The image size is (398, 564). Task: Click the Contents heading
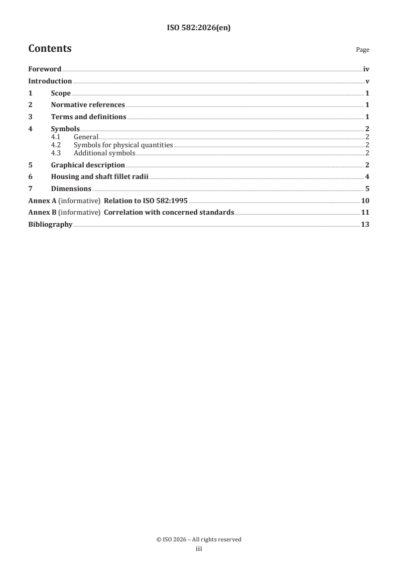coord(50,49)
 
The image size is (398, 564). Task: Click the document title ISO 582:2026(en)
coord(199,28)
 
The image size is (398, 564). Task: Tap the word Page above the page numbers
coord(362,50)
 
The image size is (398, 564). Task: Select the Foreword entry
coord(45,69)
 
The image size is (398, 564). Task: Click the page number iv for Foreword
coord(366,69)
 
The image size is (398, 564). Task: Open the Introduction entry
coord(50,81)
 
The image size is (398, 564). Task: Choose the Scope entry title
coord(61,93)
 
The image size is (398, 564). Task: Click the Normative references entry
coord(88,105)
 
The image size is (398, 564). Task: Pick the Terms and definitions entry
coord(88,117)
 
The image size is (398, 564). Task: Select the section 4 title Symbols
coord(65,129)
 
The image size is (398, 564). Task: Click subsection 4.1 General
coord(86,137)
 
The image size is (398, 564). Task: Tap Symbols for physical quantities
coord(123,145)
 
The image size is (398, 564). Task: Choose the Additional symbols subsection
coord(104,153)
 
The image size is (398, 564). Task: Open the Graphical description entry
coord(88,165)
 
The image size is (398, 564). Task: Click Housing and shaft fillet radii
coord(100,177)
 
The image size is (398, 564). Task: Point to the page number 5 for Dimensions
coord(367,189)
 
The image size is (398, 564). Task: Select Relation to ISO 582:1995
coord(146,201)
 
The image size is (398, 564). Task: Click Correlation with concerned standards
coord(169,213)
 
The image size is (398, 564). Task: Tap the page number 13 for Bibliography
coord(365,225)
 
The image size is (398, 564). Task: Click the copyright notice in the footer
coord(199,539)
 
